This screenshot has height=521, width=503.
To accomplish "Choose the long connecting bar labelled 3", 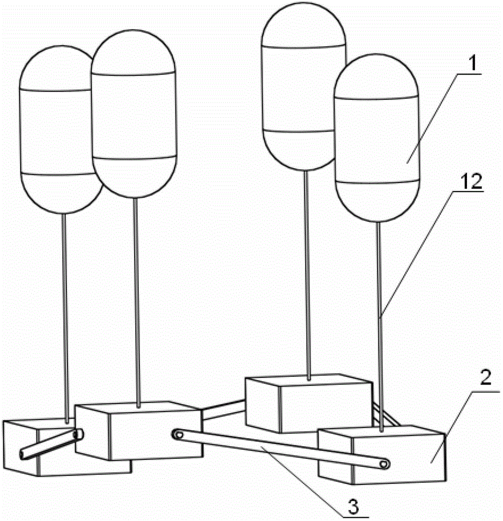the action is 281,448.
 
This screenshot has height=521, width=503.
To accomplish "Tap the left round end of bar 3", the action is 179,433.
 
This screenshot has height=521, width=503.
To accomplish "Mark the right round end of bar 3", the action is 385,464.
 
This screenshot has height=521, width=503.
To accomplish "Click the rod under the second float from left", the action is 137,302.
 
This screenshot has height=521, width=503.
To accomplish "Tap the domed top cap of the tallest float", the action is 303,23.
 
